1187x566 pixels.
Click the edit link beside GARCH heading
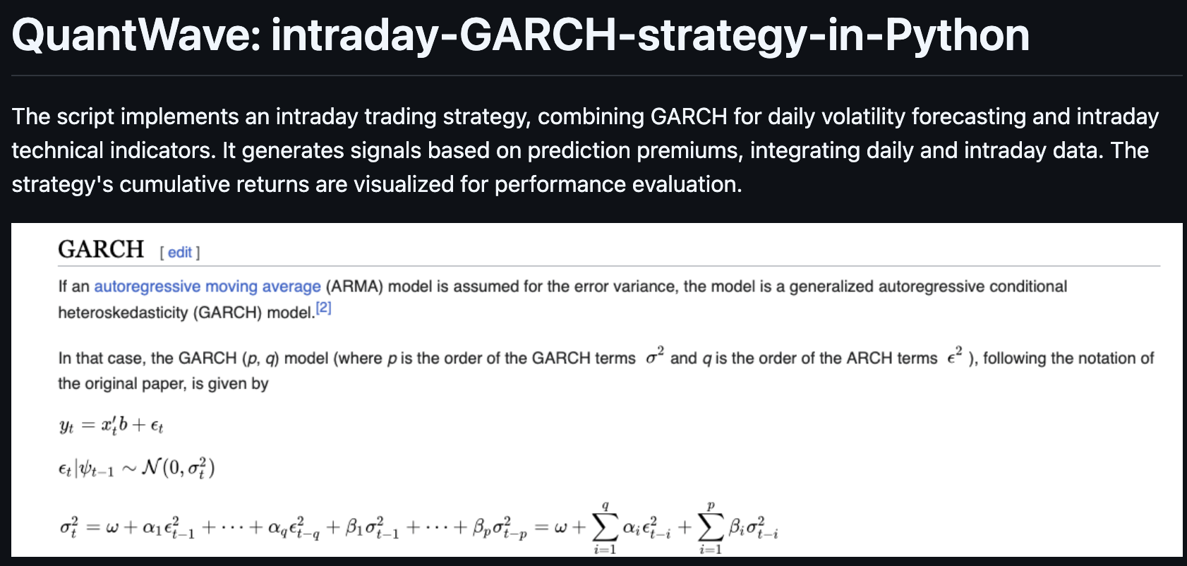tap(179, 253)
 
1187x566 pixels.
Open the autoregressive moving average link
tap(207, 287)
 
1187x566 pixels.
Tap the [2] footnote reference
tap(323, 308)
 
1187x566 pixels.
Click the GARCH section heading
tap(101, 250)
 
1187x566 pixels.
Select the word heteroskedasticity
tap(123, 313)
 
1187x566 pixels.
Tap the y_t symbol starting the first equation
tap(66, 426)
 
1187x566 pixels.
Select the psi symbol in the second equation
tap(86, 469)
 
